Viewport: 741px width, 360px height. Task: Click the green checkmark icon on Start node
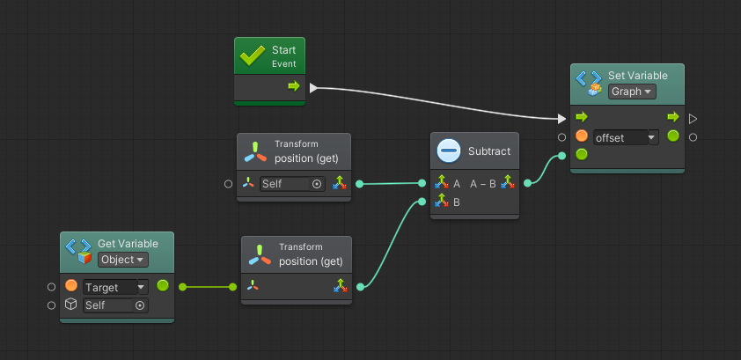(x=253, y=56)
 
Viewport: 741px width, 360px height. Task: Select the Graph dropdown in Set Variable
(x=632, y=92)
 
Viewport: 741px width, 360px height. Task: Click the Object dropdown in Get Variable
(x=123, y=260)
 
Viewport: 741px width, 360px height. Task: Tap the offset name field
(x=621, y=138)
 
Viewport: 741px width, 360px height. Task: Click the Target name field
(x=110, y=287)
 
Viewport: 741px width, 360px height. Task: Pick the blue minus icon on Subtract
(x=449, y=151)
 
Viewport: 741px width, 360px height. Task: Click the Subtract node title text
(x=489, y=151)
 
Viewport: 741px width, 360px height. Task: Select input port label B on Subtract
(x=457, y=202)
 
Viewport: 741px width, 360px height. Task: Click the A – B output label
(x=483, y=184)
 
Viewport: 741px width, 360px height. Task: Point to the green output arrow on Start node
(x=294, y=86)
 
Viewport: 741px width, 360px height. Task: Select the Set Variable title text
(x=637, y=76)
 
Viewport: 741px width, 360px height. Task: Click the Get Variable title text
(x=128, y=244)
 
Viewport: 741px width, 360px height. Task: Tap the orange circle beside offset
(x=582, y=136)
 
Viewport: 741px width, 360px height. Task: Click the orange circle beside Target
(x=71, y=285)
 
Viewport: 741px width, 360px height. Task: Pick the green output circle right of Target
(x=163, y=285)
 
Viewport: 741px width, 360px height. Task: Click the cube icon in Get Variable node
(x=71, y=305)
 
